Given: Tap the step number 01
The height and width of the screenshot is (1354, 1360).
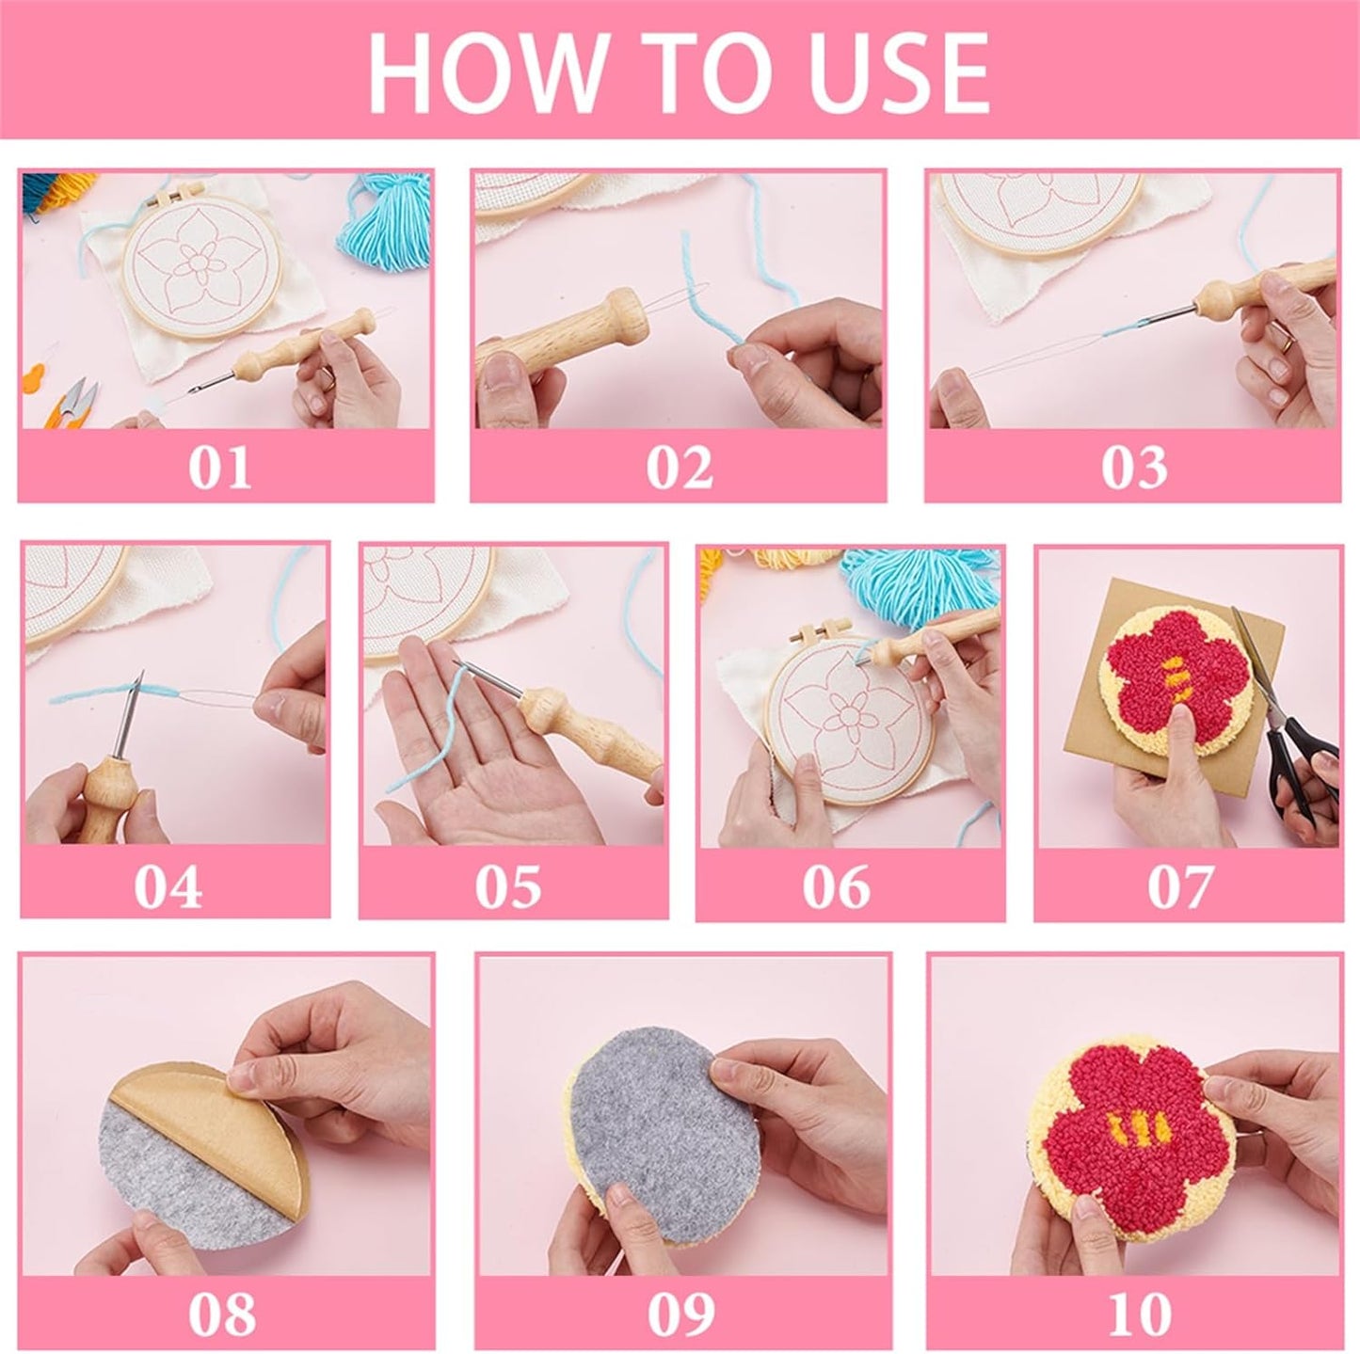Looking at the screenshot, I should coord(220,467).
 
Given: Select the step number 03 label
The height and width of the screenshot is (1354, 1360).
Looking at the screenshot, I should coord(1133,467).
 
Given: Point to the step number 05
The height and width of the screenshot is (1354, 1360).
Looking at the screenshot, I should coord(508,885).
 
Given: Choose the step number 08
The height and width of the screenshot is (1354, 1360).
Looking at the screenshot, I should coord(222,1312).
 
